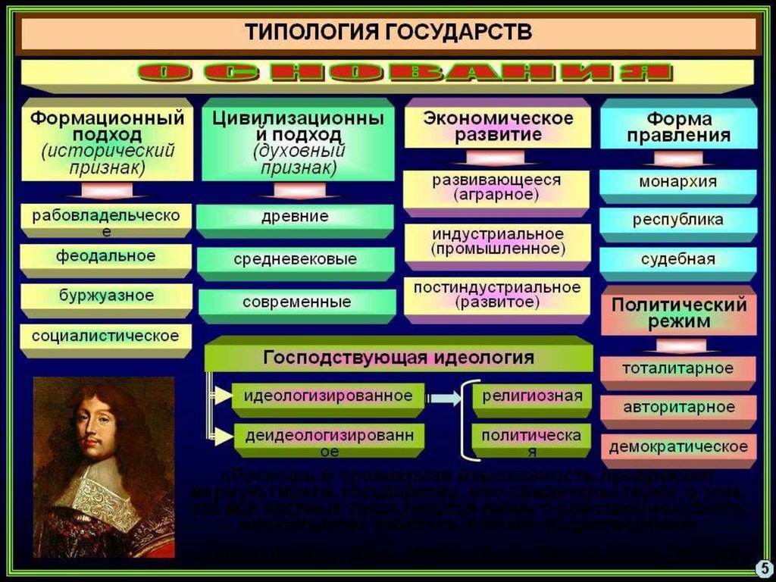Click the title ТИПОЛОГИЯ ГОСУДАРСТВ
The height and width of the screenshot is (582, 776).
[x=388, y=33]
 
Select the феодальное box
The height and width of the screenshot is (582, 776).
[x=105, y=256]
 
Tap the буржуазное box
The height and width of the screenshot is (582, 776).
[x=106, y=296]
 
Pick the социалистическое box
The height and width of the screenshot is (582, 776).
[x=105, y=335]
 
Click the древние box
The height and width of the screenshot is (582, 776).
[x=295, y=217]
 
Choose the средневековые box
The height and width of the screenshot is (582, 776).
[x=295, y=259]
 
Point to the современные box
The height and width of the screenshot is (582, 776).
[x=296, y=302]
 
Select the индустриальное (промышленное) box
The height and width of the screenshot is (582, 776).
[x=497, y=241]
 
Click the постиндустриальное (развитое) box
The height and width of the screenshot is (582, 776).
[x=497, y=295]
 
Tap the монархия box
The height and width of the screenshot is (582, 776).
[x=677, y=183]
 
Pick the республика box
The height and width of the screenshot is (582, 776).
[x=677, y=221]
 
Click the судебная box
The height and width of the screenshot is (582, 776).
[x=677, y=259]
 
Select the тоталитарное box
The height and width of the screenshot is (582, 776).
[x=677, y=369]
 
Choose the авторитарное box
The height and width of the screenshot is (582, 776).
[x=678, y=408]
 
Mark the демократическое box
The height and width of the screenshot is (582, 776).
[x=678, y=446]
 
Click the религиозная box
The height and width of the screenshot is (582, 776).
[x=532, y=396]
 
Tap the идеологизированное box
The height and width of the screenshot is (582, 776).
[x=327, y=396]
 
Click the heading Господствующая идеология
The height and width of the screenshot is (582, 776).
[x=398, y=357]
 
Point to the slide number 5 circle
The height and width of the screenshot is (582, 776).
[x=763, y=568]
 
